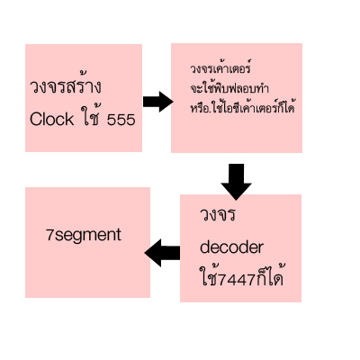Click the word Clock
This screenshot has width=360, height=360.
(x=51, y=119)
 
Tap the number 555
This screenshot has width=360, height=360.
(x=121, y=120)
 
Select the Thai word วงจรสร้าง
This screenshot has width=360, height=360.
(x=66, y=85)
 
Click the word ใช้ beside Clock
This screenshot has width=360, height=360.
(x=91, y=116)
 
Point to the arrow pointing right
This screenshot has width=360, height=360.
(x=157, y=102)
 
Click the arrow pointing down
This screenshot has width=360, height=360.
(x=236, y=182)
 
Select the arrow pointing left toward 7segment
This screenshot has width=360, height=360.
(x=162, y=253)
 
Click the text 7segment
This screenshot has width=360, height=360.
(x=84, y=235)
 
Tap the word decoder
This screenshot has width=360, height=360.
(x=231, y=247)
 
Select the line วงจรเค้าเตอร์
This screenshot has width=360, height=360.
(x=220, y=67)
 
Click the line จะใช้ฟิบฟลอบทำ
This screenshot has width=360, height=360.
(x=229, y=88)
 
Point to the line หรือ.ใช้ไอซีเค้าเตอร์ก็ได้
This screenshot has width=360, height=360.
(x=242, y=106)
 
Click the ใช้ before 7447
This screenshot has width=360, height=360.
(x=209, y=275)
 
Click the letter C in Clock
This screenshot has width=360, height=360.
(x=35, y=119)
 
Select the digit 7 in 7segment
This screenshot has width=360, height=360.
(x=49, y=235)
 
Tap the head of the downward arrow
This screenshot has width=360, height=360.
(x=236, y=192)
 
